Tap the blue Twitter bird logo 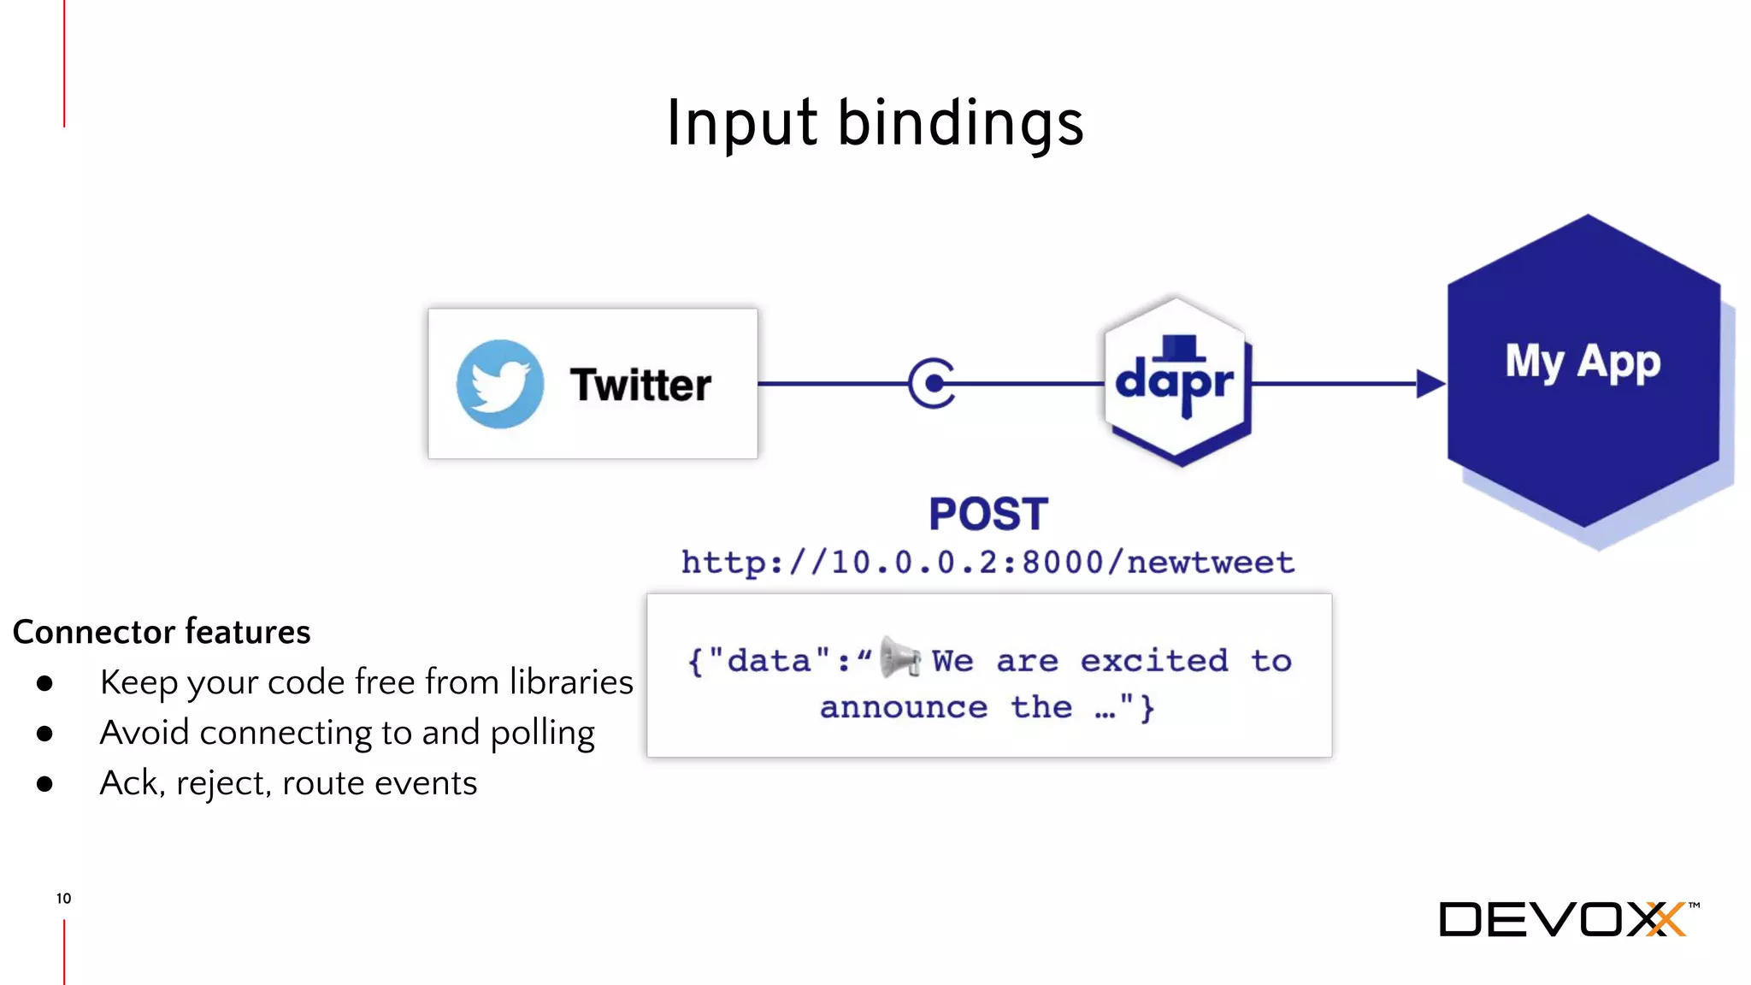(x=500, y=384)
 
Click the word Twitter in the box (x=640, y=385)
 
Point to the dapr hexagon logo (x=1176, y=381)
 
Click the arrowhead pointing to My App (x=1430, y=384)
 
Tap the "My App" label (x=1583, y=361)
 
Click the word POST (x=988, y=515)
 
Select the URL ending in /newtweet (x=988, y=563)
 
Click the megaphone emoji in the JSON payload (x=899, y=658)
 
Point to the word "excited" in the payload (x=1154, y=661)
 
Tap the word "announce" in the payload (x=904, y=708)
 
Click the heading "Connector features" (x=162, y=632)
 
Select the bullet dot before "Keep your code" (x=45, y=683)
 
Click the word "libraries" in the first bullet (x=571, y=682)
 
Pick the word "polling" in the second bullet (x=543, y=734)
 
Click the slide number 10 (x=64, y=899)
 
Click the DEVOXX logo (x=1564, y=920)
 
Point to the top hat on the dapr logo (x=1181, y=347)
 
